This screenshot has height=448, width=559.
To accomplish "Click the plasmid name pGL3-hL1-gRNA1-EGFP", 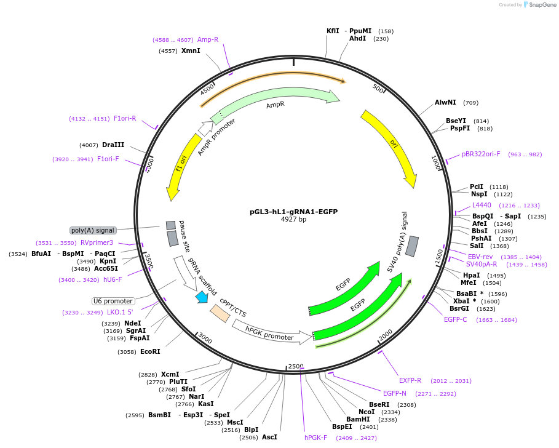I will coord(293,212).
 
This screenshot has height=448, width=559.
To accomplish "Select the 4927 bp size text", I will coord(293,220).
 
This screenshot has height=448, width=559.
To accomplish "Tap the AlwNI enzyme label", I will coord(445,102).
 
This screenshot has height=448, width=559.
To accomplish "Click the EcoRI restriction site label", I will coord(150,351).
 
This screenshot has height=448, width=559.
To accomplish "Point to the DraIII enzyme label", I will coord(113,145).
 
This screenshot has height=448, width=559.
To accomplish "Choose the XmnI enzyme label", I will coord(191,50).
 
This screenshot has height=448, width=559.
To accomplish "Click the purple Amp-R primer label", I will coord(208,39).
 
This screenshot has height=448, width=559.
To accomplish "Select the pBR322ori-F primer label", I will coord(481,154).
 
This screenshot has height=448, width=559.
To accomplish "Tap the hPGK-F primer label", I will coord(315,438).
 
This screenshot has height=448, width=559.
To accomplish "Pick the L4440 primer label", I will coord(482,205).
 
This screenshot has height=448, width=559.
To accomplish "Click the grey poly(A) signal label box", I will coord(93,230).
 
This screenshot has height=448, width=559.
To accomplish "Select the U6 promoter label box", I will coord(113,301).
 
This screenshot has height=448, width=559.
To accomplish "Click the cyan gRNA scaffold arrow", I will coord(201,297).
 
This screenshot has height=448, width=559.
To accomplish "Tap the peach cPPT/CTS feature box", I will coord(220,313).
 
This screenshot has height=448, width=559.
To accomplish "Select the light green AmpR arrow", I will coord(277,102).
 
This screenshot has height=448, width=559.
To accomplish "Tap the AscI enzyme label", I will coord(269,437).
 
